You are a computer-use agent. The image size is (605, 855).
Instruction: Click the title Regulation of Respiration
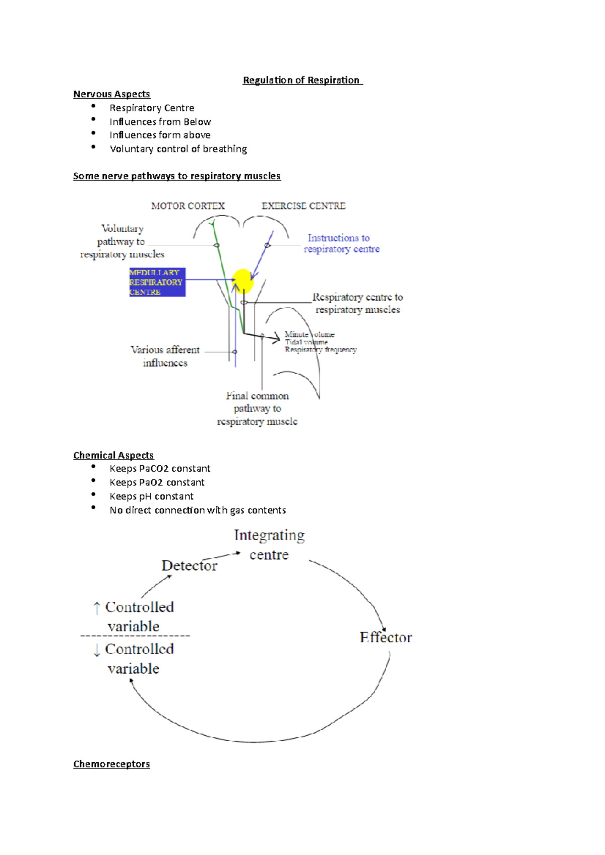point(301,80)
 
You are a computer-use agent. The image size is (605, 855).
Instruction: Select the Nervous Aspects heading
point(111,94)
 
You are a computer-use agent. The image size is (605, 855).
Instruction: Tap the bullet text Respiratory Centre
point(152,108)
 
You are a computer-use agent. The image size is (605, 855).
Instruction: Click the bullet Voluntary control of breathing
point(178,149)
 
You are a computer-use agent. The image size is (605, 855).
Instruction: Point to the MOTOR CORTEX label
point(188,206)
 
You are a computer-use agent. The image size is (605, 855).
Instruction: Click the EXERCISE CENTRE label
point(303,206)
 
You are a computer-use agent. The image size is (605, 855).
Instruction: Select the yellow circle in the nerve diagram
point(243,280)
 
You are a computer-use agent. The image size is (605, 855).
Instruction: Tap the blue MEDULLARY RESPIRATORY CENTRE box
point(157,282)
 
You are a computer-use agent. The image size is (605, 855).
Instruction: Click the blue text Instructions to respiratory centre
point(341,243)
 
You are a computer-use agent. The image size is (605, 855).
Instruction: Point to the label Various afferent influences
point(165,356)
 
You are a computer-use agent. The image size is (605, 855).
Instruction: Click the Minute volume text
point(309,334)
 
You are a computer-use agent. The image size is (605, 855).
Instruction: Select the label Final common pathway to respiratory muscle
point(257,408)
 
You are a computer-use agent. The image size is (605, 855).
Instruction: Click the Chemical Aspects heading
point(113,455)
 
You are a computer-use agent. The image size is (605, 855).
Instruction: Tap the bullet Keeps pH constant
point(151,496)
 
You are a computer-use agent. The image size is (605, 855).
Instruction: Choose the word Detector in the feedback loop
point(189,565)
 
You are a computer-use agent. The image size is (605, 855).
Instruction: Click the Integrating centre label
point(269,545)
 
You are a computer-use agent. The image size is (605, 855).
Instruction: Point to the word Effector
point(386,637)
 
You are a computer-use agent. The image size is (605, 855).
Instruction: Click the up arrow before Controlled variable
point(97,608)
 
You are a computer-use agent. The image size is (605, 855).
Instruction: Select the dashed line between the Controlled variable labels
point(135,636)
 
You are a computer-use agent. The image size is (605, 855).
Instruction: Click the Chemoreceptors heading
point(111,764)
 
